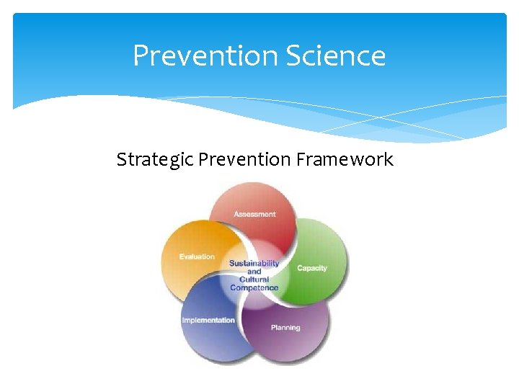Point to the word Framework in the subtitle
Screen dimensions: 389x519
345,159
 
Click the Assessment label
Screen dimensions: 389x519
254,214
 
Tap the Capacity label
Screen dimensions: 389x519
312,268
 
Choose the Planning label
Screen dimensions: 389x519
285,328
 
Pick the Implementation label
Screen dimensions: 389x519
208,320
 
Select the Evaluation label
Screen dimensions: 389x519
198,256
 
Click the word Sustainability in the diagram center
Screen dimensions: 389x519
254,264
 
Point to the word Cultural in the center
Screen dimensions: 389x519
254,280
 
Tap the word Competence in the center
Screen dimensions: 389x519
254,288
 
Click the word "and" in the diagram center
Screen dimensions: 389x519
254,272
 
